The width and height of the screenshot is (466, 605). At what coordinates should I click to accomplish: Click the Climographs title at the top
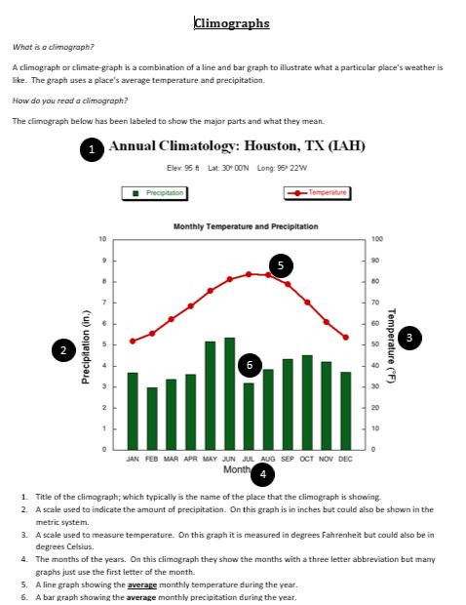232,22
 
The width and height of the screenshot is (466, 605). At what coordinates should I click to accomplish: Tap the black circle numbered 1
91,149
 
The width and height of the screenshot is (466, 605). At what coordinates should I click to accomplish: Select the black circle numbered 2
63,350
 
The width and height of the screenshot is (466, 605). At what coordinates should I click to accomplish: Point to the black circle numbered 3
408,337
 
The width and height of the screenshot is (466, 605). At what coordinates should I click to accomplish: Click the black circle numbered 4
261,474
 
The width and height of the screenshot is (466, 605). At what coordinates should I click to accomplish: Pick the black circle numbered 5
281,264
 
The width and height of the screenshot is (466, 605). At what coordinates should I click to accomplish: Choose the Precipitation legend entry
158,193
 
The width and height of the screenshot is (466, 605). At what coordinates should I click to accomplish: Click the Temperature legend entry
316,193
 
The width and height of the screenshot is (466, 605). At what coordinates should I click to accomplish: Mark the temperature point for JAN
133,341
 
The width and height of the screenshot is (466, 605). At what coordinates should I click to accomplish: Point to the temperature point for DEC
345,337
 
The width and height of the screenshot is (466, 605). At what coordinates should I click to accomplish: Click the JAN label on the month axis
133,458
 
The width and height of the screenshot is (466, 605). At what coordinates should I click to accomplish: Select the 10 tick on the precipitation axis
103,239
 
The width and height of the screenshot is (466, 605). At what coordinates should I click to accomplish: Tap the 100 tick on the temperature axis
377,239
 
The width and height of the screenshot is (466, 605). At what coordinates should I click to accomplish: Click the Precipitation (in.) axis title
86,343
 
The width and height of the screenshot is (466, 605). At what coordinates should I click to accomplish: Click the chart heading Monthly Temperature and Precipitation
246,226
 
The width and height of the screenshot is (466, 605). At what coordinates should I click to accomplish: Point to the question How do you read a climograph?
70,101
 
